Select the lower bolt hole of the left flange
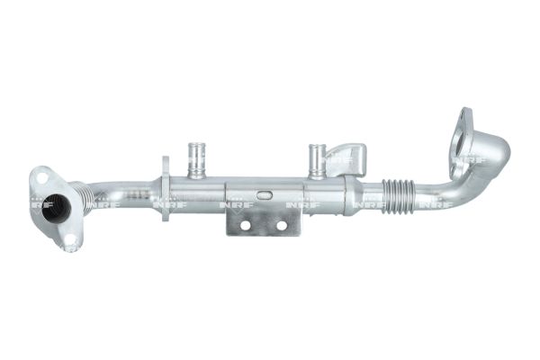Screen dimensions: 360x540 [70, 239]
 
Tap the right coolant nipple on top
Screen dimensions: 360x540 [316, 159]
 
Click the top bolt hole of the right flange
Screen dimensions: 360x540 [464, 114]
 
